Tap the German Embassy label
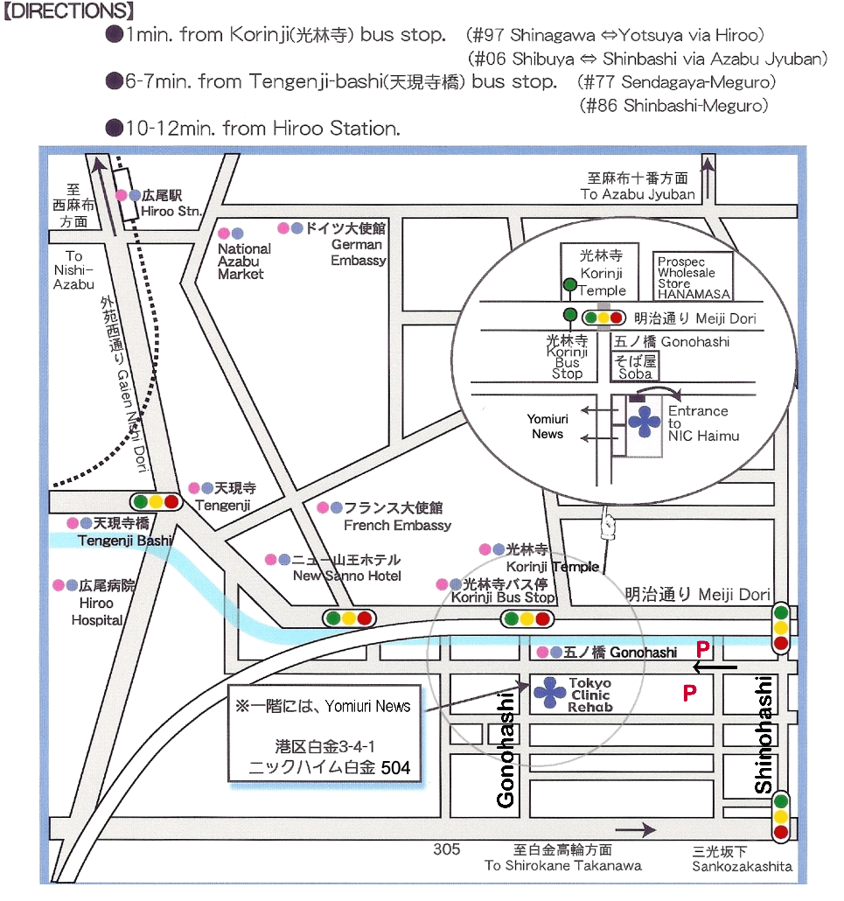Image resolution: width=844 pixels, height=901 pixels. point(358,252)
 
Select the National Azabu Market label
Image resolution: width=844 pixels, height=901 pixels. point(244,261)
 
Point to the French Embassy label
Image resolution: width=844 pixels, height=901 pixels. point(397,525)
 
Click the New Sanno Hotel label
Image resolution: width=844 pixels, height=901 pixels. point(346,576)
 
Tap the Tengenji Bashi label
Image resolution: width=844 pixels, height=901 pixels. point(125,541)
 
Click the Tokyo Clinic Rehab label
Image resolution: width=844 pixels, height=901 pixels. point(590,695)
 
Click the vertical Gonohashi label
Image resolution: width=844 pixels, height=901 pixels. point(506,749)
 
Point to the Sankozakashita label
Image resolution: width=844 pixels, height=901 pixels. point(742,866)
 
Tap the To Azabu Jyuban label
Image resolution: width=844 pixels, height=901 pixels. point(638,194)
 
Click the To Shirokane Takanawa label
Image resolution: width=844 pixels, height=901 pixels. point(562,865)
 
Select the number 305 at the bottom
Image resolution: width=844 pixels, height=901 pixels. point(446,849)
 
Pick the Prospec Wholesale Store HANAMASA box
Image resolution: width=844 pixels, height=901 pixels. point(694,277)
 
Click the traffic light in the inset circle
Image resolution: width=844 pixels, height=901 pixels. point(603,318)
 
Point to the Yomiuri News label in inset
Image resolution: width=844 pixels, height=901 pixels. point(548,427)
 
